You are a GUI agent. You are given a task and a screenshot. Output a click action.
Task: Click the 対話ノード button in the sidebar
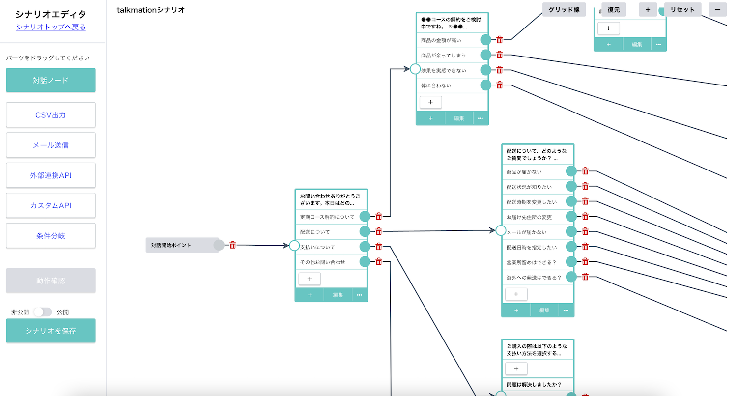tap(51, 80)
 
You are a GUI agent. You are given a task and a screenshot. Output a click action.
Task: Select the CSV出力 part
tap(51, 115)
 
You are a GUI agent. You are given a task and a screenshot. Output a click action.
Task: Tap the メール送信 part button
tap(51, 145)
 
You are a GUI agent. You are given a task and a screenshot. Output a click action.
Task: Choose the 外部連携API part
tap(51, 175)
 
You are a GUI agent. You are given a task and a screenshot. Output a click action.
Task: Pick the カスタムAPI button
tap(51, 205)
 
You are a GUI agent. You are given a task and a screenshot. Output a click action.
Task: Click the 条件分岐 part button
tap(51, 236)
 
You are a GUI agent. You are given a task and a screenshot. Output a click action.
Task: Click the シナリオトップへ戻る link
tap(51, 27)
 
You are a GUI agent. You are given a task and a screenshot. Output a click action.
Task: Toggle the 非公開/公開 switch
tap(43, 312)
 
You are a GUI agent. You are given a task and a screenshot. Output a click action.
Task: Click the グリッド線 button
tap(564, 10)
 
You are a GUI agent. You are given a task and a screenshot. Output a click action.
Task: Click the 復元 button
tap(613, 10)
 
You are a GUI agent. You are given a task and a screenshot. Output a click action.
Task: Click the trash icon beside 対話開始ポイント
tap(233, 245)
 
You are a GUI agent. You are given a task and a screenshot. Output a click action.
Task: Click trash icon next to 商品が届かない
tap(585, 171)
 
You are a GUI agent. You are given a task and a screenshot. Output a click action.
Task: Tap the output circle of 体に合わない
tap(485, 85)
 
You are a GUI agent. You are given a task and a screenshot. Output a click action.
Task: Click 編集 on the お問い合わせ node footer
tap(338, 295)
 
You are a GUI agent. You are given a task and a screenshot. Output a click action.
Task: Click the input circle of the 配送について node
tap(501, 230)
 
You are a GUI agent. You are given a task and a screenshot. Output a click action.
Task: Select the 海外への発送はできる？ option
tap(534, 278)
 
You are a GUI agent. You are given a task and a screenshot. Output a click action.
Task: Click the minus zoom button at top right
tap(717, 10)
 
